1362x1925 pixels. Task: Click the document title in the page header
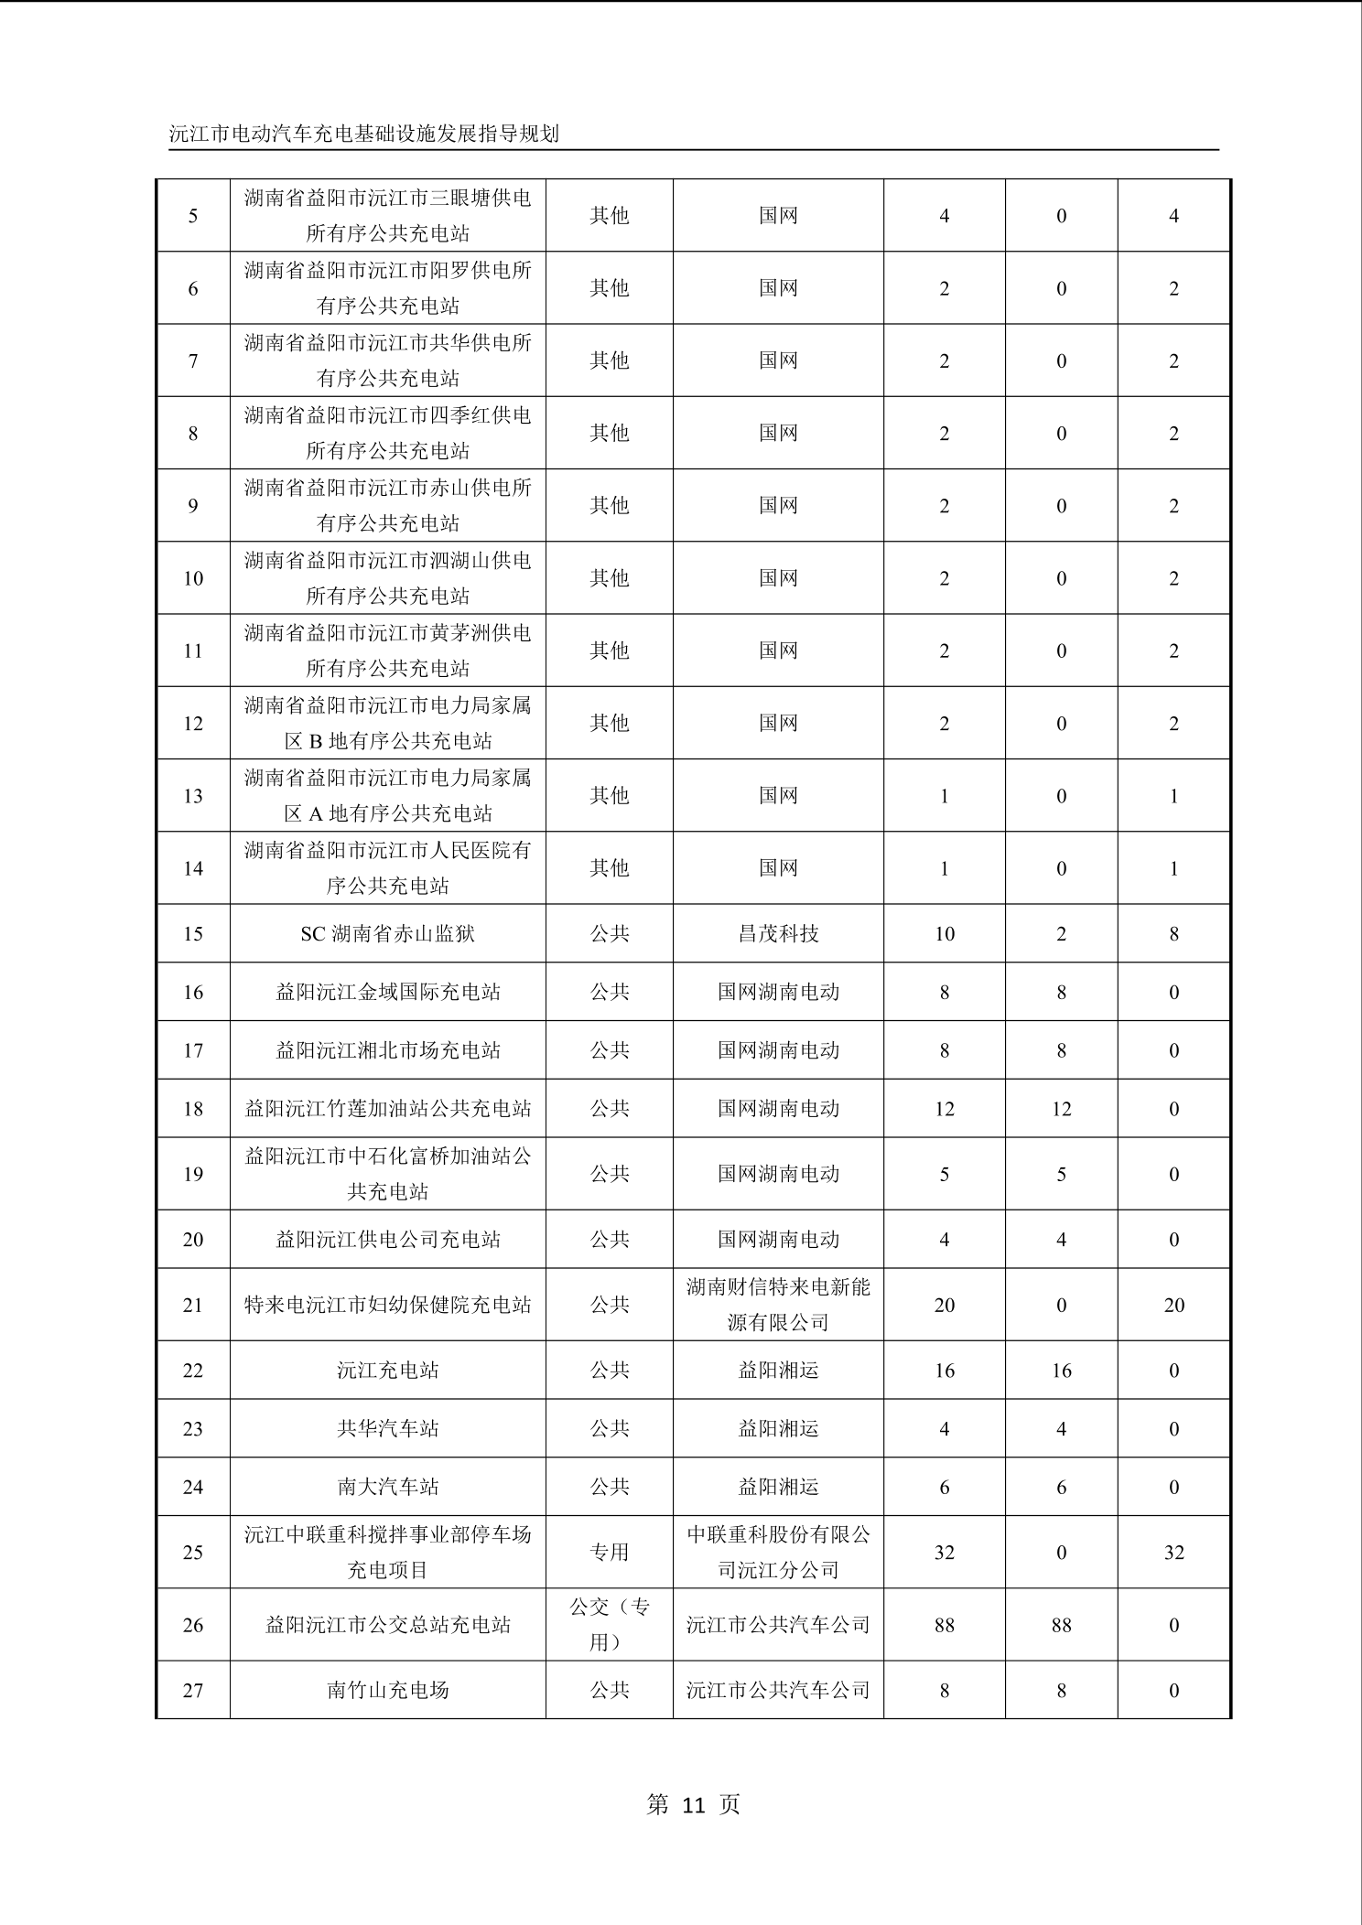click(363, 134)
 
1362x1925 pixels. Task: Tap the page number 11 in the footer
click(693, 1804)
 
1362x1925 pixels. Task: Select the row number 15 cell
click(192, 934)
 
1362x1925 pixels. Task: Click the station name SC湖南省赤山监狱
click(387, 934)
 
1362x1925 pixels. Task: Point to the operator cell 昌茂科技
click(778, 934)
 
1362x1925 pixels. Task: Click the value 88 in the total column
click(944, 1625)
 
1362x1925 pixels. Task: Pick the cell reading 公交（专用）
click(610, 1624)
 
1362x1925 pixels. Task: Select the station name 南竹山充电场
click(387, 1690)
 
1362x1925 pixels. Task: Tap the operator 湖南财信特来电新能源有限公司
click(778, 1305)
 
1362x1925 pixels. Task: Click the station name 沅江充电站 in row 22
click(387, 1371)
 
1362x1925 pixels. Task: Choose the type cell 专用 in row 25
click(610, 1552)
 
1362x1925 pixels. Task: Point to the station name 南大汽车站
click(387, 1487)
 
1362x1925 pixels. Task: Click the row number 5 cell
click(192, 216)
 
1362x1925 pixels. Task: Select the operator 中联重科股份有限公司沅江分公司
click(778, 1552)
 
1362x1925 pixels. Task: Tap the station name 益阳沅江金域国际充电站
click(387, 992)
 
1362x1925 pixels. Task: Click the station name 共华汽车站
click(387, 1428)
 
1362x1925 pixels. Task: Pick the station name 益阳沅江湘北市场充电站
click(387, 1050)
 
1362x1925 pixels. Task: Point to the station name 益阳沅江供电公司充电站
click(387, 1240)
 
